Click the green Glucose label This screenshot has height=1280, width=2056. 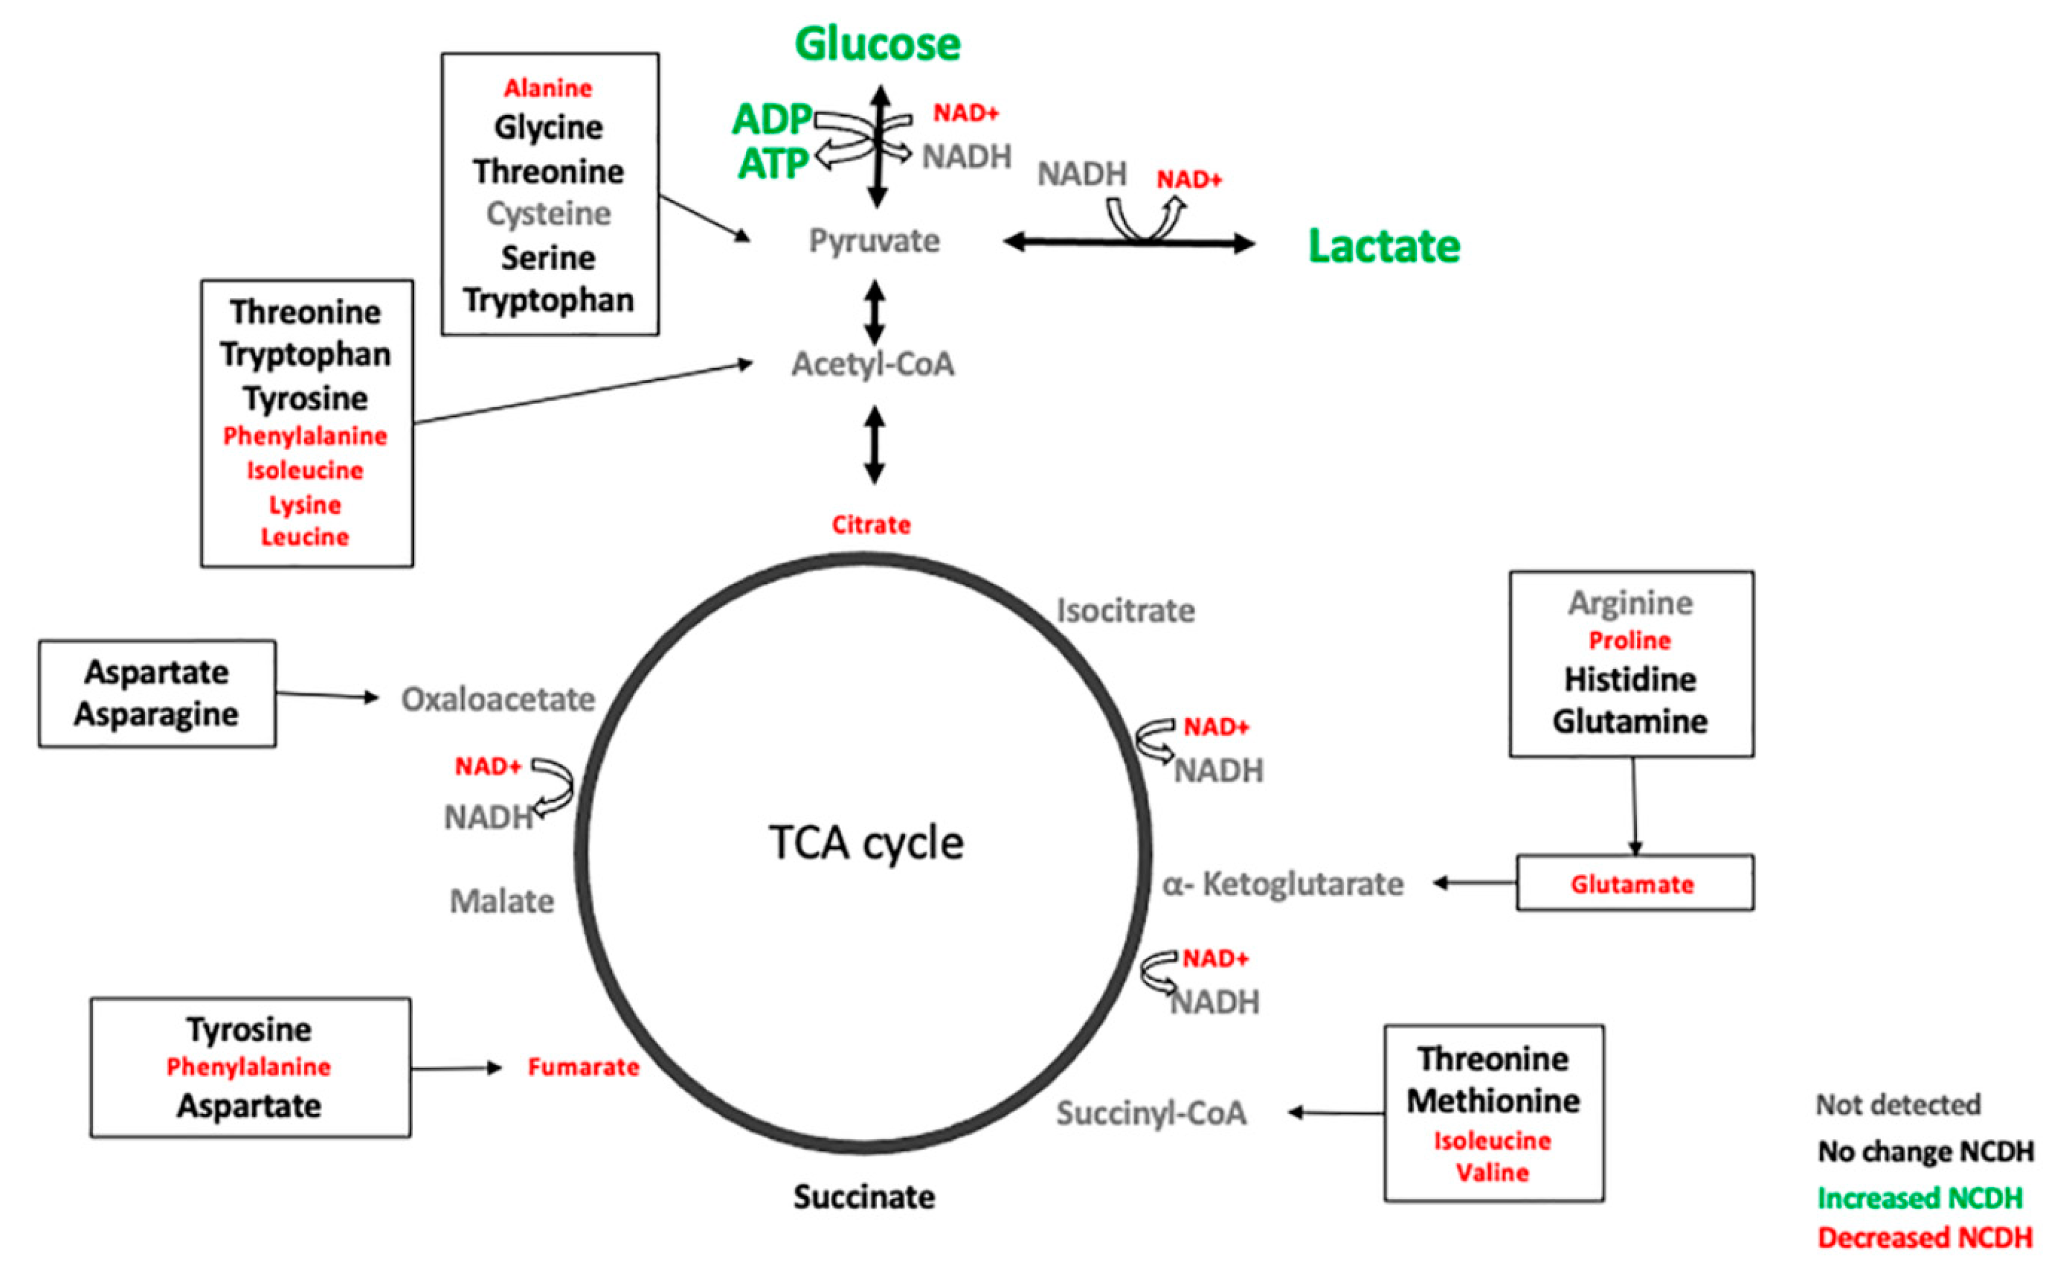877,44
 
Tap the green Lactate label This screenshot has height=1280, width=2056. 1384,247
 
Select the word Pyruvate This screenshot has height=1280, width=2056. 874,241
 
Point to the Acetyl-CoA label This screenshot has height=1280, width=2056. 873,364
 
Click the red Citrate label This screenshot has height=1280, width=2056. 871,525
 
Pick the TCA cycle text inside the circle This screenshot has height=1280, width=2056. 866,843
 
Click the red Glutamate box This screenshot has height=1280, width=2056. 1634,884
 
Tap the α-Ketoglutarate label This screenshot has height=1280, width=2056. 1282,884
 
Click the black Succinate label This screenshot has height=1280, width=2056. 864,1197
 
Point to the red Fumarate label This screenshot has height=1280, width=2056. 583,1067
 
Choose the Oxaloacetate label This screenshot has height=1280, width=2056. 498,699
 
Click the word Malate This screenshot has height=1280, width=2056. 502,901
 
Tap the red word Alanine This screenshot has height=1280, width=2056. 548,88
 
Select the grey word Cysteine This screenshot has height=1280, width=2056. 548,213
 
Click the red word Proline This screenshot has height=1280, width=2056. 1630,640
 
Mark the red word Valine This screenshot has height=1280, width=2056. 1493,1172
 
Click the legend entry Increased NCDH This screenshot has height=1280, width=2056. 1920,1198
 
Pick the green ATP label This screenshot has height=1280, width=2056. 772,164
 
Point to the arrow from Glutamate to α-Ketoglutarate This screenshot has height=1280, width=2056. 1474,883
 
